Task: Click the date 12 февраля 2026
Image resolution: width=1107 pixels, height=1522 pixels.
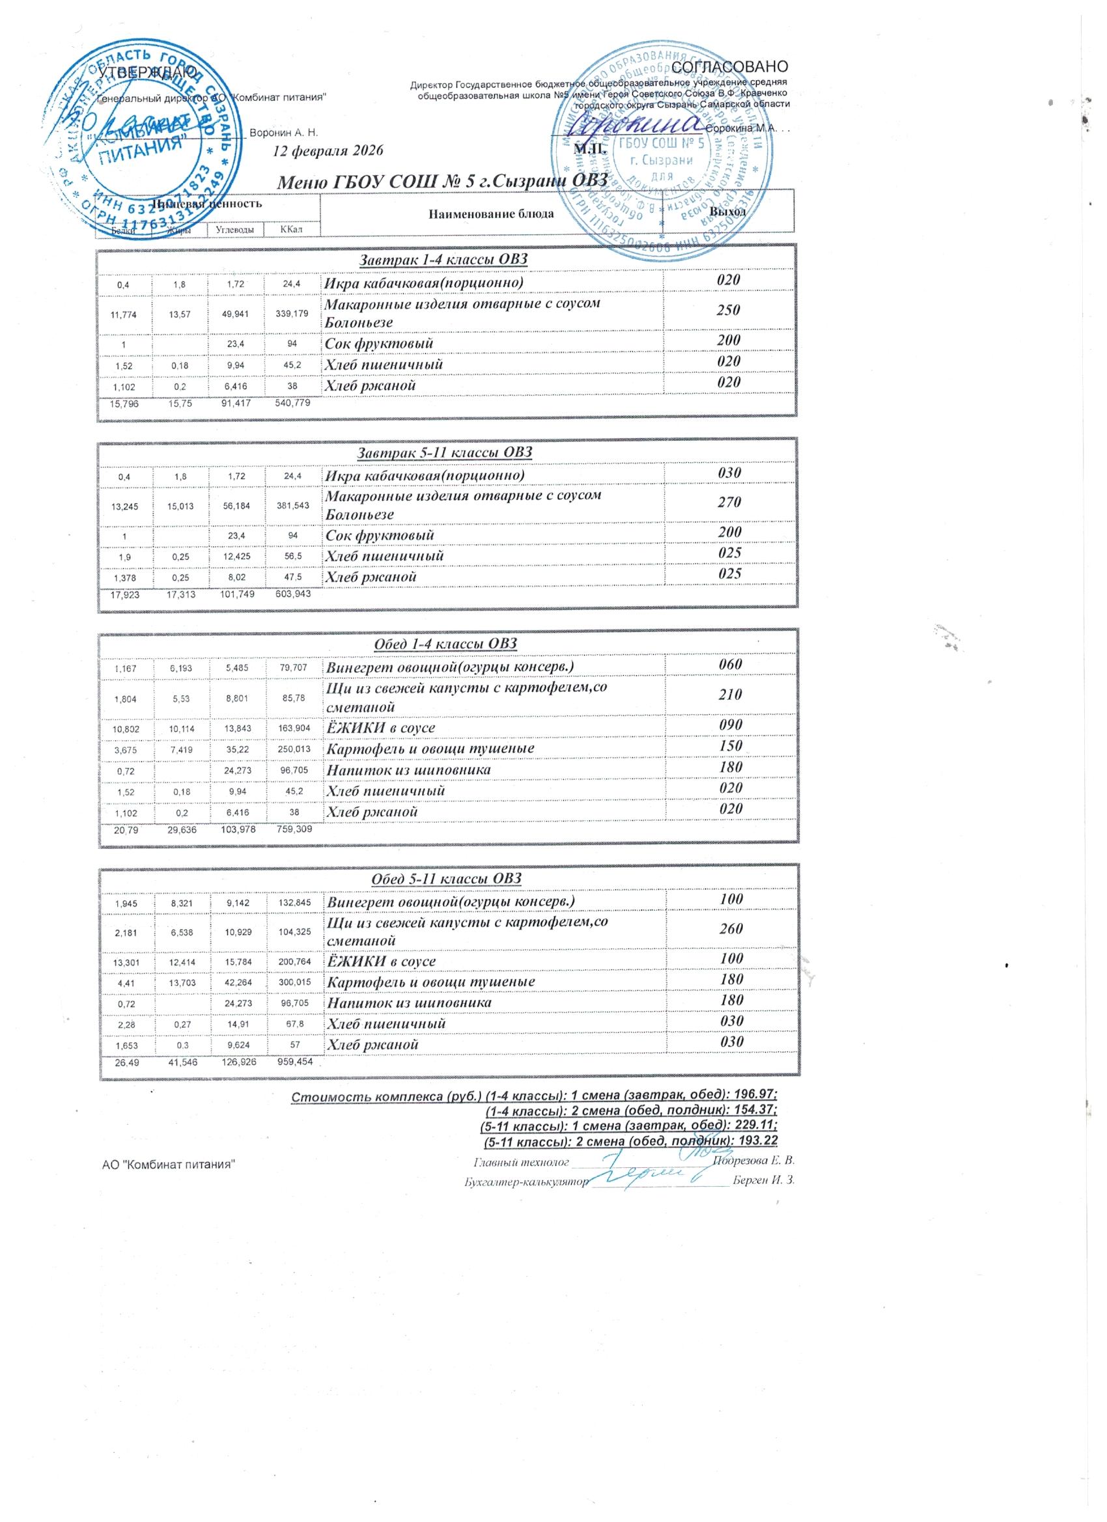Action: pyautogui.click(x=328, y=150)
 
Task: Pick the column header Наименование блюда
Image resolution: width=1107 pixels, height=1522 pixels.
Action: pyautogui.click(x=491, y=214)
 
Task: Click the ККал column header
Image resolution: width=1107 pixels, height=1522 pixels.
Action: pyautogui.click(x=292, y=230)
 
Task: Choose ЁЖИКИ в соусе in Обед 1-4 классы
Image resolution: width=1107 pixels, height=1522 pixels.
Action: pyautogui.click(x=381, y=728)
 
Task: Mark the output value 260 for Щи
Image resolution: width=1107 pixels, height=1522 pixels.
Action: pyautogui.click(x=731, y=929)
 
